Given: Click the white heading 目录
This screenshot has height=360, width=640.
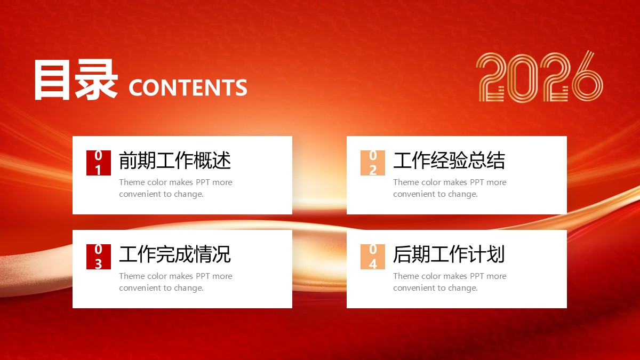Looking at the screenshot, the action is (x=76, y=79).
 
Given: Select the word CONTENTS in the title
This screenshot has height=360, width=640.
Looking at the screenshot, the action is (x=188, y=87).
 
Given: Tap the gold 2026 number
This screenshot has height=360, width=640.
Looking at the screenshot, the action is (x=539, y=77).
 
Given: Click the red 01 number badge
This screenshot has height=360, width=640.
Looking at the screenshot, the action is (x=99, y=163).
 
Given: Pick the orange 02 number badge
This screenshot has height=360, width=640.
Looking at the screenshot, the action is (x=373, y=163).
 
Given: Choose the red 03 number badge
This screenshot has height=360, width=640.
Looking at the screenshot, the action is (x=99, y=257).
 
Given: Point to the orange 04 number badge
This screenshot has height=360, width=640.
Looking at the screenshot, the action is (x=373, y=257).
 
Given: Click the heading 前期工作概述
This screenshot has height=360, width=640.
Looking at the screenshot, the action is (x=175, y=161).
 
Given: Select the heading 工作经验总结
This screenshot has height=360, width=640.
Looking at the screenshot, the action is (x=449, y=161).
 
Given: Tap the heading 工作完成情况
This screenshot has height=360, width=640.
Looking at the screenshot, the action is (x=175, y=254).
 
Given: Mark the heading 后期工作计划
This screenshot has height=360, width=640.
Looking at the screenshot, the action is (x=449, y=254).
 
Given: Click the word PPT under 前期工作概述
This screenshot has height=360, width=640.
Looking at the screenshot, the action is (x=203, y=182).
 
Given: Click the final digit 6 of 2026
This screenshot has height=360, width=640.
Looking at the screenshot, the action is (x=588, y=76).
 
